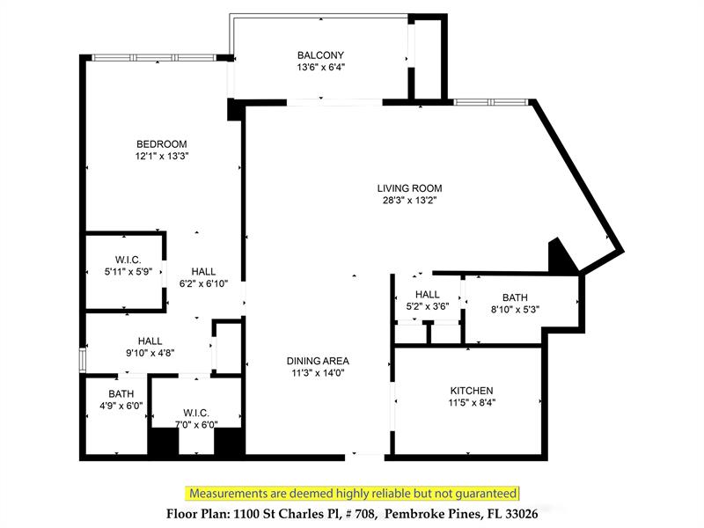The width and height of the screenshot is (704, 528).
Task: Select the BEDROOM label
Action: point(161,144)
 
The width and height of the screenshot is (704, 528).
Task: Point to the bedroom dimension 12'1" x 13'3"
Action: point(161,157)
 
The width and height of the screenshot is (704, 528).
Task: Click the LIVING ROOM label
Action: point(409,187)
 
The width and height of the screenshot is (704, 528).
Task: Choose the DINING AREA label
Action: point(318,361)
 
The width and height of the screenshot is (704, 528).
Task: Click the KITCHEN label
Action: point(472,391)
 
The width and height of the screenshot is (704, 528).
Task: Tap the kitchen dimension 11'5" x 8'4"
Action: point(472,403)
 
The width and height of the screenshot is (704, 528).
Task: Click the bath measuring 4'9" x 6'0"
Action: point(121,400)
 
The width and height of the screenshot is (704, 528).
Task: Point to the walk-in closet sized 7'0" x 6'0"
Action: point(194,418)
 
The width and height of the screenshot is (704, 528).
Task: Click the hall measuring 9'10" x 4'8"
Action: point(149,347)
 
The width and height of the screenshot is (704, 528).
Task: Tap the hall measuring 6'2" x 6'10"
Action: point(202,278)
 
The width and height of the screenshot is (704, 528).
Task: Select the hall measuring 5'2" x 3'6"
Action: point(428,300)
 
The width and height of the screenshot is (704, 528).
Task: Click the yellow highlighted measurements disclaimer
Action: point(352,494)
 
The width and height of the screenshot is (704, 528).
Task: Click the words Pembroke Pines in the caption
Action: point(451,513)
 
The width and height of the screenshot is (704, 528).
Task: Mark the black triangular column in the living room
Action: point(561,257)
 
